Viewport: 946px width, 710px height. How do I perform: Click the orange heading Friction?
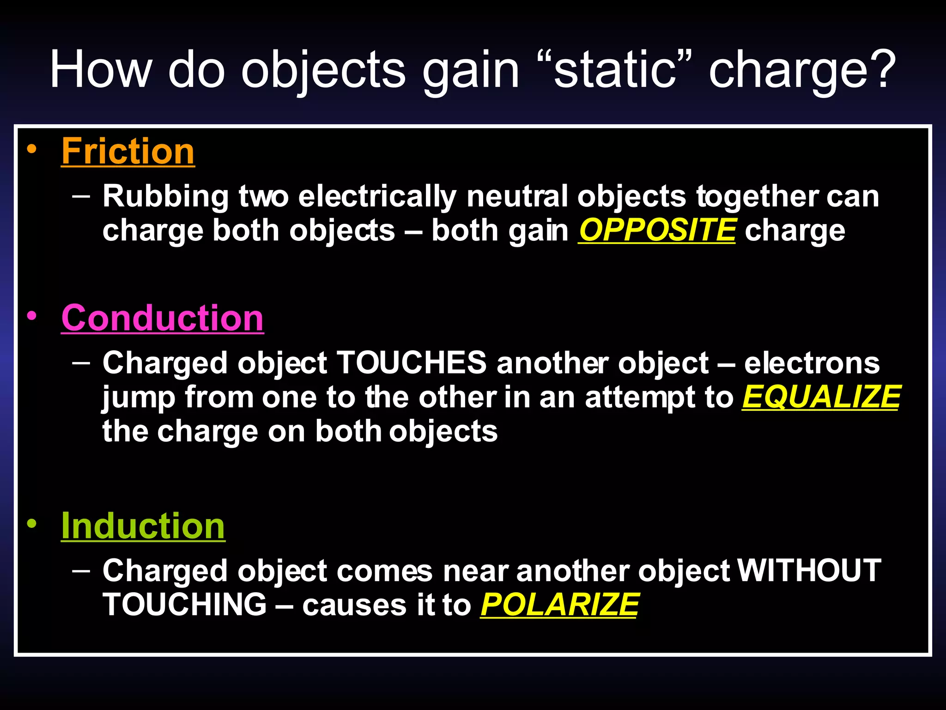tap(128, 151)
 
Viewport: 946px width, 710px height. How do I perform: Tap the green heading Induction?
tap(143, 526)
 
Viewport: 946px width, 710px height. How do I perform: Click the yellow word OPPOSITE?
tap(657, 230)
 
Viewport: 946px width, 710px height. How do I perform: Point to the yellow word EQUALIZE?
tap(821, 397)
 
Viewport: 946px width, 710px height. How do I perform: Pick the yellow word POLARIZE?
tap(559, 605)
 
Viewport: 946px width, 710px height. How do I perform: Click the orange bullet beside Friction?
tap(31, 149)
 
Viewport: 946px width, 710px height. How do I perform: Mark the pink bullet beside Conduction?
tap(31, 316)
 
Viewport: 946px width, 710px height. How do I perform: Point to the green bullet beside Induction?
tap(31, 524)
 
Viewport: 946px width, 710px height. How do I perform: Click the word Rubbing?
tap(165, 196)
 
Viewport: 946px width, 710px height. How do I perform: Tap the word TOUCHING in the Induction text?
tap(184, 605)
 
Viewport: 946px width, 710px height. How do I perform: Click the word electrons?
tap(812, 363)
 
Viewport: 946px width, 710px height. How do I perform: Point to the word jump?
tap(139, 398)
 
